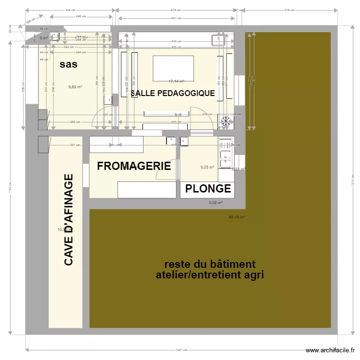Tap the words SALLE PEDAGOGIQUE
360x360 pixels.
[173, 93]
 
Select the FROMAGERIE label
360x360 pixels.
[134, 166]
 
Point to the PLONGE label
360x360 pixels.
[208, 189]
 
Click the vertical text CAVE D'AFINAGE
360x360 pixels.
[69, 219]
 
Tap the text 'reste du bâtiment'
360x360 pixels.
[210, 264]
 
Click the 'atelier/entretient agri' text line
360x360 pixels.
[210, 275]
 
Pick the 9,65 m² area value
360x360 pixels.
[75, 87]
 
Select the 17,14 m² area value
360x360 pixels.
[176, 82]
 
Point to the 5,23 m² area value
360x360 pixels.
[207, 167]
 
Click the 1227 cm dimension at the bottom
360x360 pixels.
[181, 350]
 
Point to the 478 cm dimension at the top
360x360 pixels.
[176, 10]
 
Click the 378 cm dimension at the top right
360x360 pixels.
[289, 10]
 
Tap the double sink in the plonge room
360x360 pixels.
[225, 155]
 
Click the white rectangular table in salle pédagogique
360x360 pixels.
[173, 68]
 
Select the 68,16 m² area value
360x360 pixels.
[237, 217]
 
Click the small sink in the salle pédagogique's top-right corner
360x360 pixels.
[220, 38]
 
